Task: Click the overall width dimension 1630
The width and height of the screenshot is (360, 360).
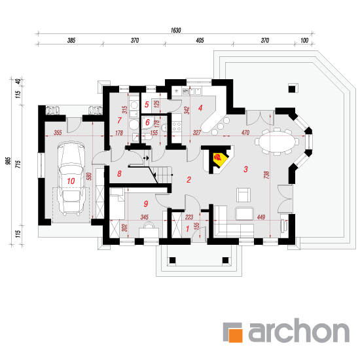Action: (x=176, y=30)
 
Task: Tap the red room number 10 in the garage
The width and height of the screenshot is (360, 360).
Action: (x=71, y=181)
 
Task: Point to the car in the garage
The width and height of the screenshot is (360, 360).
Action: (x=71, y=178)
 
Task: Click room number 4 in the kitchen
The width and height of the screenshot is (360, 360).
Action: (x=200, y=108)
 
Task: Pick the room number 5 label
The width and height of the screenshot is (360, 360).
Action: (x=147, y=105)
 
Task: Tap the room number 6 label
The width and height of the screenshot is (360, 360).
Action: (x=147, y=122)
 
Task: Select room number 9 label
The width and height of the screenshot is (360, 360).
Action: (x=146, y=204)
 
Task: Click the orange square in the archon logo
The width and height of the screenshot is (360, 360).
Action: (x=236, y=335)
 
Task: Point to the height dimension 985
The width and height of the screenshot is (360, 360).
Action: (x=9, y=161)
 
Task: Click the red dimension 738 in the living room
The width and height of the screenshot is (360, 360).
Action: (x=266, y=175)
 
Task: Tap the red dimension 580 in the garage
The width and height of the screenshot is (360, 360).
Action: (x=90, y=176)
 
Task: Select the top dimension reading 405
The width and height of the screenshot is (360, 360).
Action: (x=200, y=41)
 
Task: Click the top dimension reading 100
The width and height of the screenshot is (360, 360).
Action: (x=304, y=41)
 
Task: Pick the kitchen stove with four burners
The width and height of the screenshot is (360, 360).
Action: (x=177, y=126)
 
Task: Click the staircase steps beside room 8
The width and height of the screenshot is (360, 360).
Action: (x=162, y=175)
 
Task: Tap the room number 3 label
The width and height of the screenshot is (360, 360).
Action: (x=245, y=170)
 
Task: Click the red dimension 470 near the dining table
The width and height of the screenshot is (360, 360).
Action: (x=245, y=133)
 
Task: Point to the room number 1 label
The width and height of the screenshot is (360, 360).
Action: (x=188, y=228)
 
